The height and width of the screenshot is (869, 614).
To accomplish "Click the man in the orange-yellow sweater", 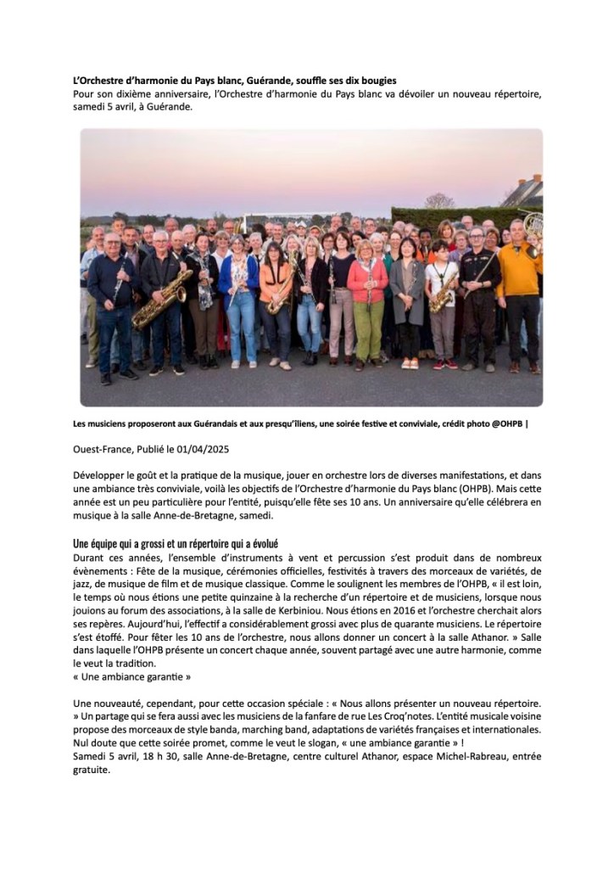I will click(519, 280).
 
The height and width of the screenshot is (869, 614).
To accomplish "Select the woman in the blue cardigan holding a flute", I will click(240, 293).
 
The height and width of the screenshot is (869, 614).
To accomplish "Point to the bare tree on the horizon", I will click(439, 201).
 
